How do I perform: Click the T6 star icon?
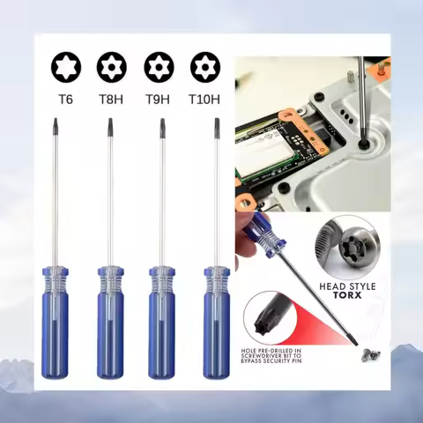click(65, 67)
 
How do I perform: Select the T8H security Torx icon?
click(111, 67)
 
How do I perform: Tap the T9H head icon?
click(160, 67)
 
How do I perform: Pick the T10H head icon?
click(207, 67)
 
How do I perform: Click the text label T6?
click(65, 99)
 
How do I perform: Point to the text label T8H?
click(111, 99)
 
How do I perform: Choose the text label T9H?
click(160, 99)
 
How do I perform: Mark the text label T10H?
click(207, 99)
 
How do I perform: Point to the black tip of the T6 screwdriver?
click(55, 128)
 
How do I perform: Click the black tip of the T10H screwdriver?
click(217, 128)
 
